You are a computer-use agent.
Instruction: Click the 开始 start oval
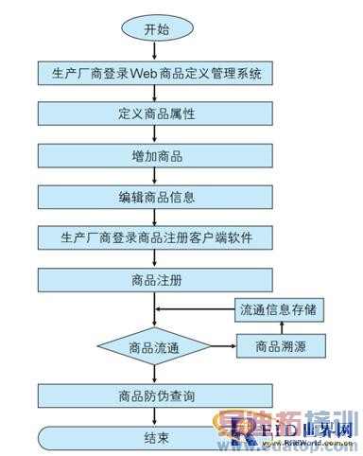[x=157, y=29]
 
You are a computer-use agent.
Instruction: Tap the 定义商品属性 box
[x=157, y=113]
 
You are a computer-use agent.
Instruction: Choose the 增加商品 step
[x=157, y=154]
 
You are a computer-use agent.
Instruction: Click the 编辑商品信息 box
[x=157, y=196]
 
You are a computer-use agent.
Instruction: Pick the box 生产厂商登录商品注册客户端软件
[x=157, y=237]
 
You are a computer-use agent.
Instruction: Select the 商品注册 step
[x=157, y=279]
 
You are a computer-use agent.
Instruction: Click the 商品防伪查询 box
[x=157, y=395]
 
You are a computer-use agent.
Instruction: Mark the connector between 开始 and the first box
[x=157, y=50]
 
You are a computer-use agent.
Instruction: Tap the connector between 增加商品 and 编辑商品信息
[x=157, y=175]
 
